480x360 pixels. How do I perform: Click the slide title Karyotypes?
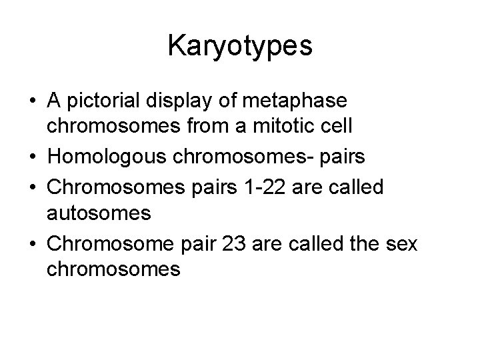point(240,46)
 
